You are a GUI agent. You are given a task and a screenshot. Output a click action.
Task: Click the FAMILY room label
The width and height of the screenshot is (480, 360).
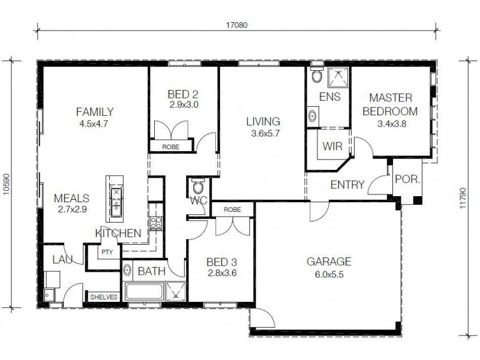coord(95,112)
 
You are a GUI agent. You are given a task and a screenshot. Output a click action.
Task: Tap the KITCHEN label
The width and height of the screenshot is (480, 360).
coord(118,233)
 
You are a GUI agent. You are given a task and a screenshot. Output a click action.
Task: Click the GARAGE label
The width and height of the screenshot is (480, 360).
coord(329,262)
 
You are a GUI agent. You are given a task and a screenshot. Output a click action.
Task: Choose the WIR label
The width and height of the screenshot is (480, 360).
coord(332,146)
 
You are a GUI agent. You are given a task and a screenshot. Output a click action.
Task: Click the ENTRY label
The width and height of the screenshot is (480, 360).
coord(347,185)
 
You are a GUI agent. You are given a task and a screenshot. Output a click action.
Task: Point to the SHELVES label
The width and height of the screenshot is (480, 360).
coord(104,297)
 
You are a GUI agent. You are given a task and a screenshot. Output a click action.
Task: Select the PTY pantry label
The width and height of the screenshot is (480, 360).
coord(107,253)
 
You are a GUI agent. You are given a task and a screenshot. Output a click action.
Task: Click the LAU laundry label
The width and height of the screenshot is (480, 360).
coord(62,259)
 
